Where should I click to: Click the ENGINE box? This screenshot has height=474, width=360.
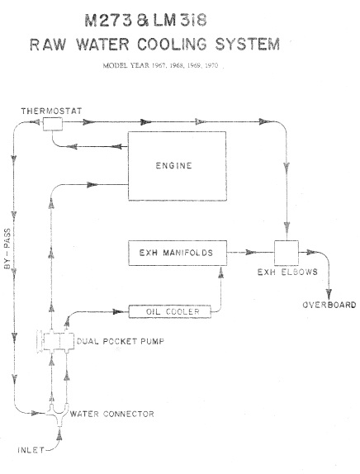[178, 166]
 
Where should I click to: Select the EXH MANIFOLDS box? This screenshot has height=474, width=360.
[178, 253]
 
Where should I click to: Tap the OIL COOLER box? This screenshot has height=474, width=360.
[170, 311]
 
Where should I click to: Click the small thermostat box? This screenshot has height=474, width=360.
[53, 124]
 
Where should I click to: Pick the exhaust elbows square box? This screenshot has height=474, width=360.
[287, 253]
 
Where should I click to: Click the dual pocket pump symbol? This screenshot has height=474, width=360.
[56, 341]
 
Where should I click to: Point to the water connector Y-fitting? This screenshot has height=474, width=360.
[59, 415]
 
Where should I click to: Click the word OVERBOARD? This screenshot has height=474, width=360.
[329, 305]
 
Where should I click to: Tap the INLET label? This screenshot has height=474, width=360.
[31, 450]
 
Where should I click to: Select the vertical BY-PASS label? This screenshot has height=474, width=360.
[7, 249]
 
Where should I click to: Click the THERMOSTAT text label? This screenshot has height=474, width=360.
[51, 111]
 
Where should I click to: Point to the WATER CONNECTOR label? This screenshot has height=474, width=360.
[111, 414]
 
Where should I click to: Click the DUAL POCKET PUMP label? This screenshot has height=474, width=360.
[121, 341]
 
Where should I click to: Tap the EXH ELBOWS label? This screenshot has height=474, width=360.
[287, 272]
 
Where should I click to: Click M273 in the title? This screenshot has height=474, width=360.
[108, 21]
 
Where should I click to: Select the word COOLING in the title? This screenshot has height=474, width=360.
[172, 44]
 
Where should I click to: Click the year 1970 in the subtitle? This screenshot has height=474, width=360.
[211, 65]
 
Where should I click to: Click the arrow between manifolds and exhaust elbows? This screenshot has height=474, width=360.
[250, 252]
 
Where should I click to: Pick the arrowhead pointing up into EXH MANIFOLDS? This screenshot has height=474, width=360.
[221, 273]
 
